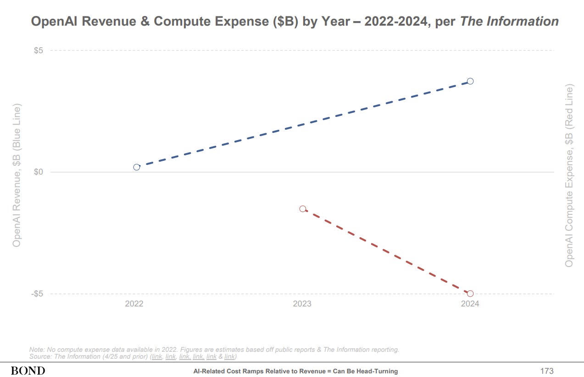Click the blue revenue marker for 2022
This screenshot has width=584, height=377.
coord(136,167)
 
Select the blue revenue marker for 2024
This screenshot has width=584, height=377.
coord(470,81)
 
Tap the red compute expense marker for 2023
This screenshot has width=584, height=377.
coord(303,209)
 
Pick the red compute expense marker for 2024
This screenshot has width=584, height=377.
coord(470,294)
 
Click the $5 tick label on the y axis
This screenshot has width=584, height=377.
coord(39,50)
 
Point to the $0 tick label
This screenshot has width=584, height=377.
coord(39,172)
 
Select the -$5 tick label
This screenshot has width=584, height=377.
coord(37,294)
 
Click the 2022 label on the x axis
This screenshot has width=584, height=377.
coord(134,304)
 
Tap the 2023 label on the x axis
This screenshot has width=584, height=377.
coord(302,304)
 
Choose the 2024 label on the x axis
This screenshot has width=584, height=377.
coord(470,304)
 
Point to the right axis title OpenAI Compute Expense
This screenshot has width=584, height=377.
coord(569,175)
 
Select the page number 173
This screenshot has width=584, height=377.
coord(547,371)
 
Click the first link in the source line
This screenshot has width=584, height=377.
coord(157,356)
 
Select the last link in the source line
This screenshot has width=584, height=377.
coord(230,356)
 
